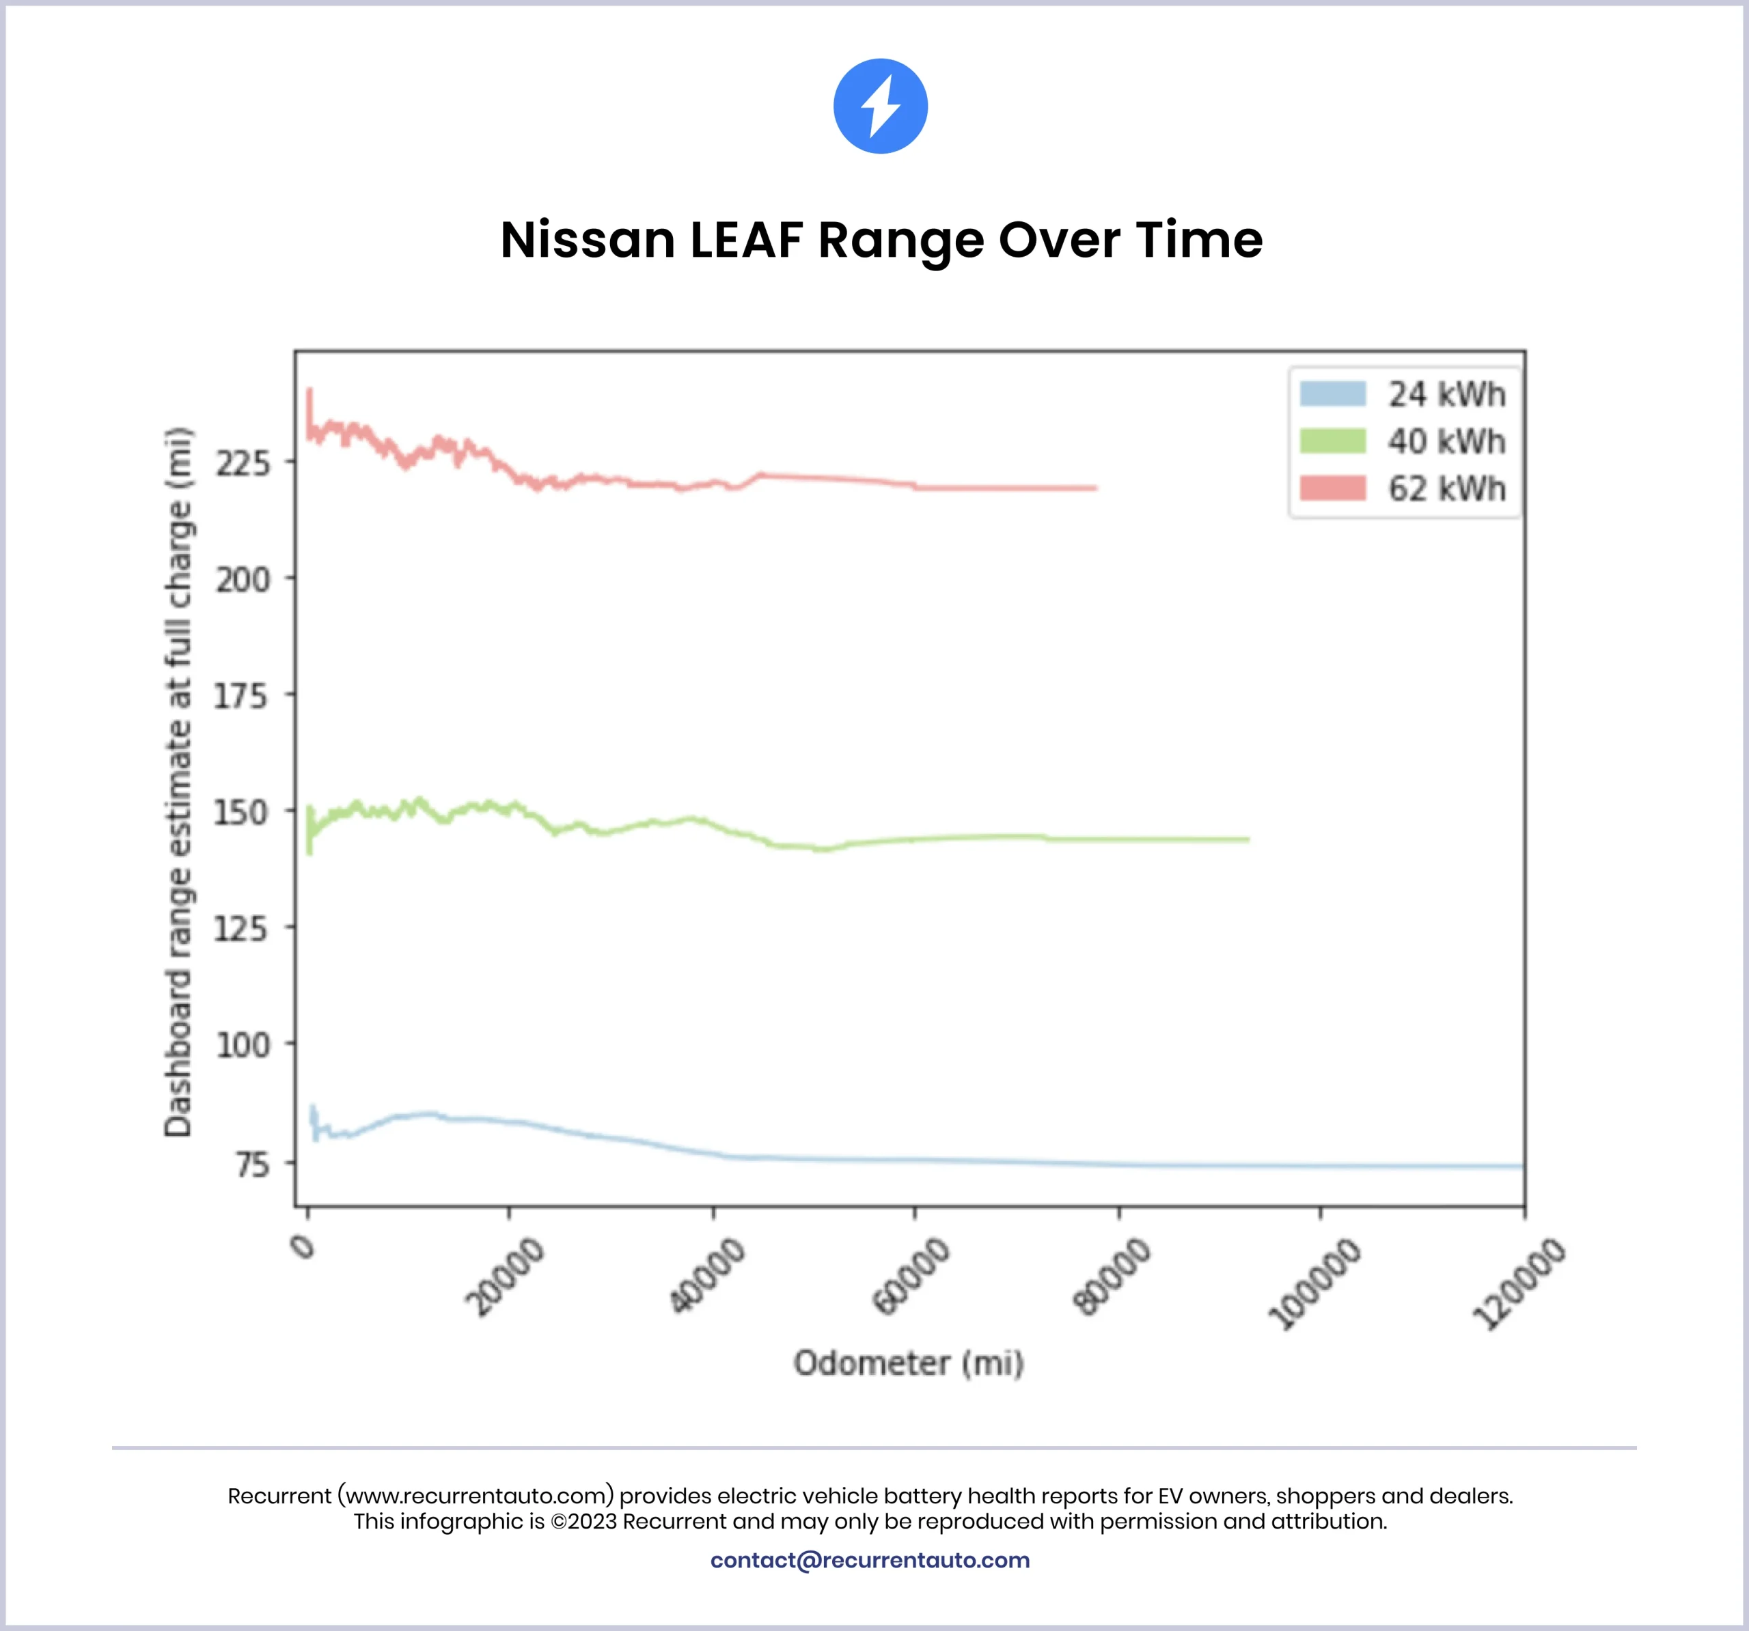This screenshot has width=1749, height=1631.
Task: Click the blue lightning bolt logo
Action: coord(880,107)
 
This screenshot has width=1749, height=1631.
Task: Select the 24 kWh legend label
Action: coord(1446,394)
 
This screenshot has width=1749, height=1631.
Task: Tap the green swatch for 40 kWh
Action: coord(1332,441)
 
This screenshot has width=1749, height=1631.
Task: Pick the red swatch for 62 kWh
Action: coord(1332,488)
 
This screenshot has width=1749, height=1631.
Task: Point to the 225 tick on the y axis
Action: coord(243,463)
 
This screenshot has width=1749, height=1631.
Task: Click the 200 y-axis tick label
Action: coord(243,580)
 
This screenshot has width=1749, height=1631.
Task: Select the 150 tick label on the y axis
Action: coord(241,812)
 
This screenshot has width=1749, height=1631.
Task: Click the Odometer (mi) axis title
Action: coord(909,1363)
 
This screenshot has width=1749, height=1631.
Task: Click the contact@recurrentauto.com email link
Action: coord(869,1560)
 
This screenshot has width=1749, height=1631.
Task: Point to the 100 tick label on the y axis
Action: coord(243,1045)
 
